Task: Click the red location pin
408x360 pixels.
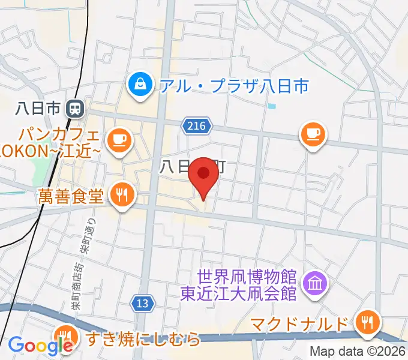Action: pyautogui.click(x=203, y=176)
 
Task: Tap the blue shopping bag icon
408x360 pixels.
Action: pyautogui.click(x=140, y=83)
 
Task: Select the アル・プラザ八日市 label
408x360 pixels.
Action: pyautogui.click(x=234, y=86)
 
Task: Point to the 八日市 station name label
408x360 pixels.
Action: pyautogui.click(x=37, y=109)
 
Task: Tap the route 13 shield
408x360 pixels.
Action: pyautogui.click(x=142, y=304)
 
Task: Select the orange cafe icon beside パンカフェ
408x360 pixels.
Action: pyautogui.click(x=118, y=140)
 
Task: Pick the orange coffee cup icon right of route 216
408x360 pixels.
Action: pyautogui.click(x=312, y=133)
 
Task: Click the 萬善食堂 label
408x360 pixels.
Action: pyautogui.click(x=71, y=195)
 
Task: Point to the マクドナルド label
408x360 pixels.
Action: pyautogui.click(x=299, y=325)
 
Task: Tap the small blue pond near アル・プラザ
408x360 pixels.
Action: pyautogui.click(x=272, y=107)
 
